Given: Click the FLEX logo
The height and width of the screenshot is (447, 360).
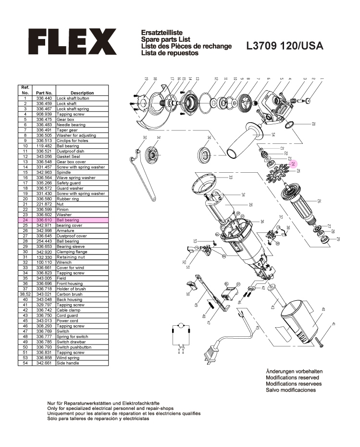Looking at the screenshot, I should point(72,41).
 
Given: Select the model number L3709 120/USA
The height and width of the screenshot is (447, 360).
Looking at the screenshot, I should point(285,46).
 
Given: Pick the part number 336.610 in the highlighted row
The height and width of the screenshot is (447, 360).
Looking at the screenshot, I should point(44,220).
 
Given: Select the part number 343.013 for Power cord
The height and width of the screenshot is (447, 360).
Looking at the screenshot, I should point(44,320).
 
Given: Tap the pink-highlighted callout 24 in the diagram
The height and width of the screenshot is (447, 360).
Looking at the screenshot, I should point(294,164).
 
